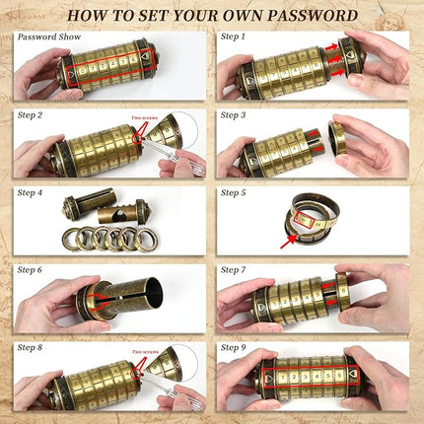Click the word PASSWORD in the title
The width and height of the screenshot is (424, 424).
click(311, 16)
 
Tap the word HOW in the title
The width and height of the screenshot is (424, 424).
click(91, 16)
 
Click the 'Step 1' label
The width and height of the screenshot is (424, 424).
click(233, 36)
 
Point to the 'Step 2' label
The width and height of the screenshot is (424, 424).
click(31, 114)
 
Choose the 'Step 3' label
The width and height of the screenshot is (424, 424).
click(233, 114)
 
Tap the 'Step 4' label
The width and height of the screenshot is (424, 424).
click(31, 193)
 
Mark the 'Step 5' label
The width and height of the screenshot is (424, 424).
click(233, 193)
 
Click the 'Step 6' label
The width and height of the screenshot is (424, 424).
click(31, 269)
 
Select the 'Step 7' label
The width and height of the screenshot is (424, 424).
click(233, 269)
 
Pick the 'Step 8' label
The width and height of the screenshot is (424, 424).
click(31, 347)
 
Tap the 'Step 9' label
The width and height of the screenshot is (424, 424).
click(233, 347)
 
